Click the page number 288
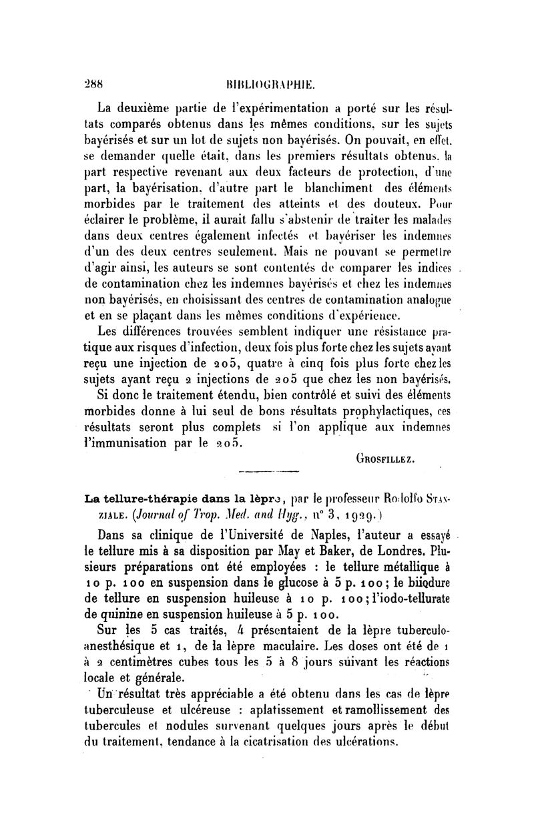(101, 85)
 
